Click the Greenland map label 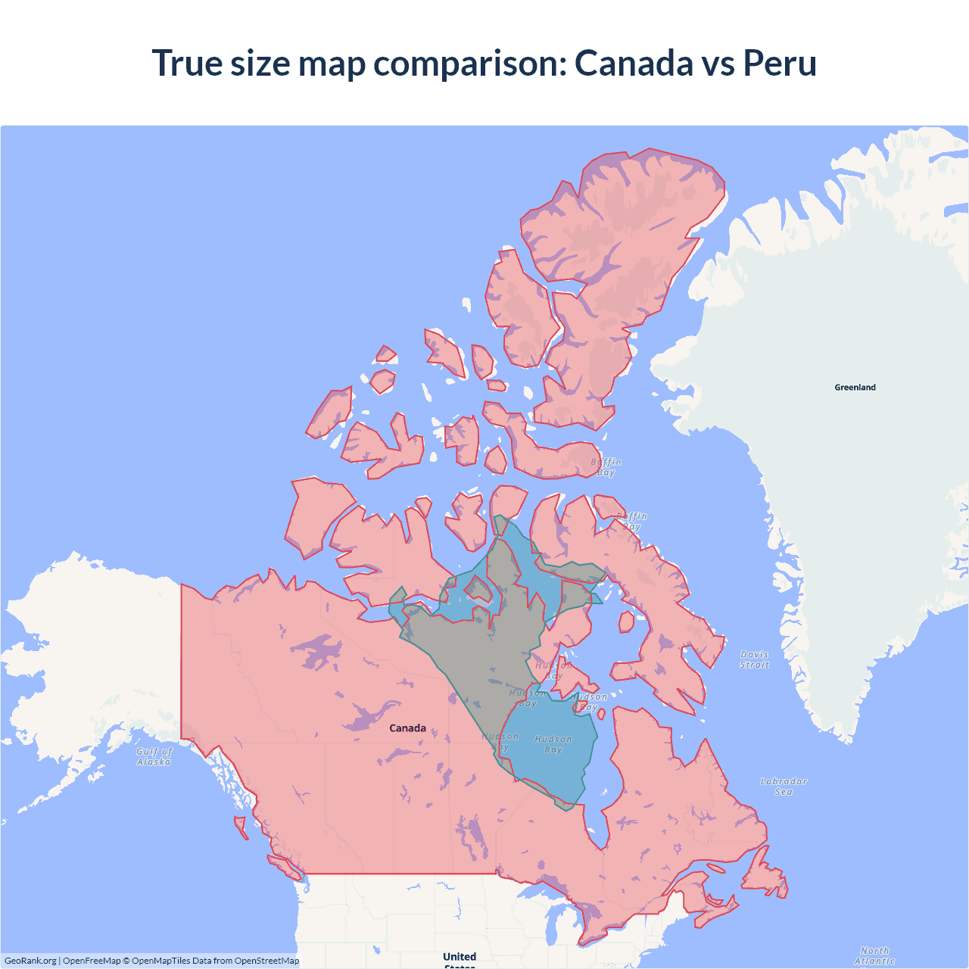855,388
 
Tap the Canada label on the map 407,728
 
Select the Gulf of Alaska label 154,756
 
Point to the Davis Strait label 754,659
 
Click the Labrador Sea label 784,787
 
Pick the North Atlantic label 874,955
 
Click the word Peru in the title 780,63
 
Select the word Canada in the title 633,63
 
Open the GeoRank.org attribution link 30,961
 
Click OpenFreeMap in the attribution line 92,961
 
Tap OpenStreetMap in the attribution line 266,961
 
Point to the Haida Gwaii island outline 241,826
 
